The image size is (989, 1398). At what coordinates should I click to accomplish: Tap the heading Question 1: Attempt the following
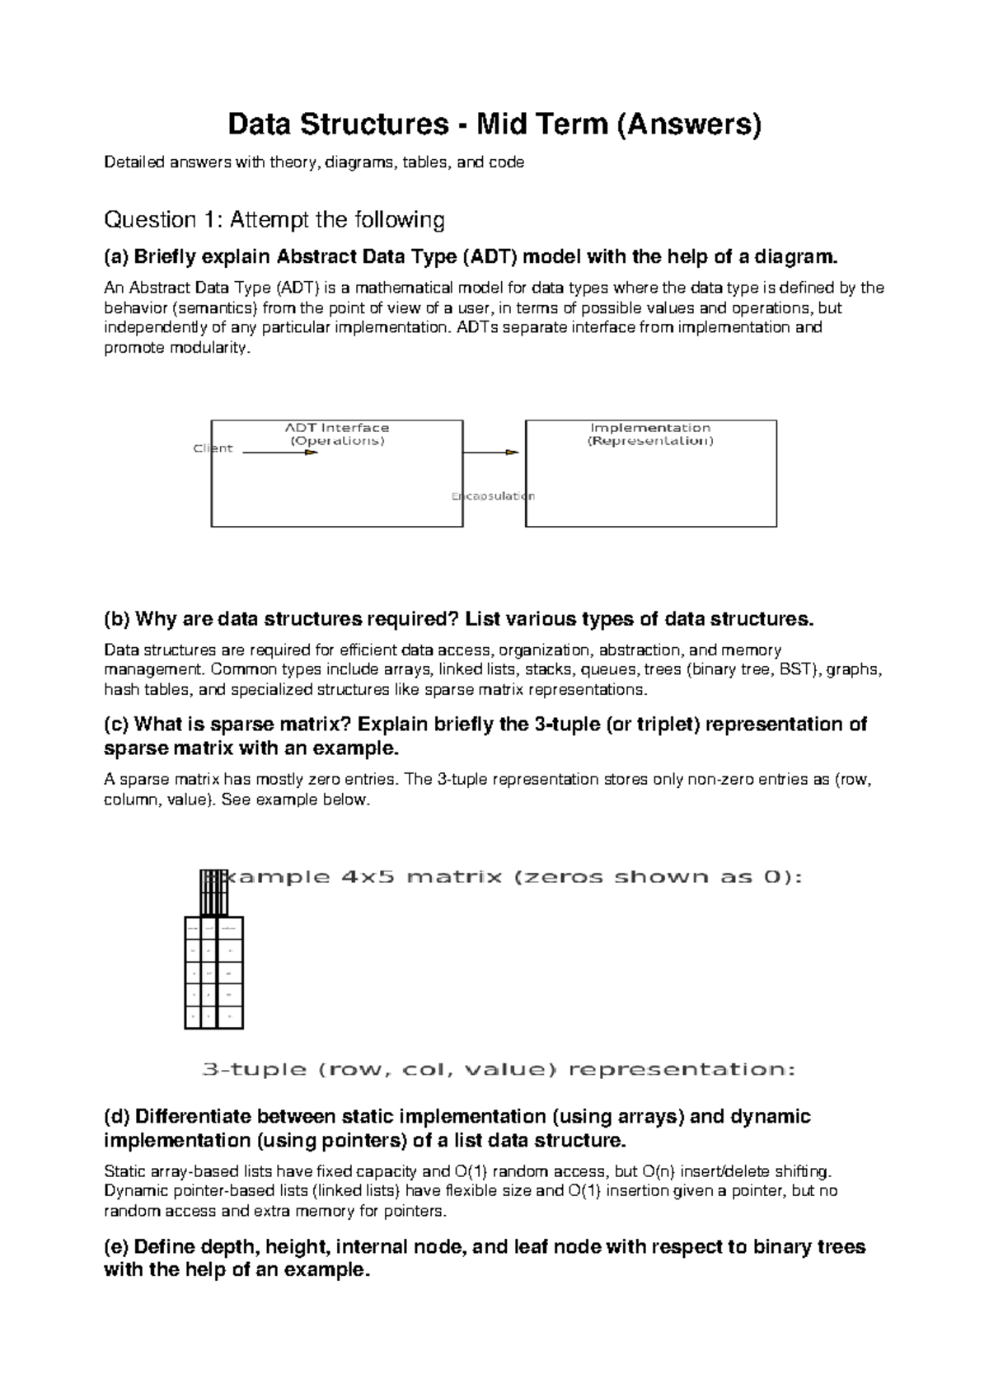coord(274,220)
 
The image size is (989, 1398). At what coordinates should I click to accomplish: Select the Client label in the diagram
coord(213,448)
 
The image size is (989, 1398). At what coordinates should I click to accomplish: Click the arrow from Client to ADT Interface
coord(280,453)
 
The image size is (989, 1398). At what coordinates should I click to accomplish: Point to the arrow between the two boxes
coord(492,453)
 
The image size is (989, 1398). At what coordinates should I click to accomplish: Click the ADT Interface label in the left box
coord(336,428)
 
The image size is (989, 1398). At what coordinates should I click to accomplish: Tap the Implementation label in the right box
coord(650,428)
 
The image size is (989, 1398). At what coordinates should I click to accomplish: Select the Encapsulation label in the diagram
coord(493,496)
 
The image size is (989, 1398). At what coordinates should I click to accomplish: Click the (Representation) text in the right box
coord(650,441)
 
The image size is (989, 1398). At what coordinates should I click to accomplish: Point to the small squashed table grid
coord(213,973)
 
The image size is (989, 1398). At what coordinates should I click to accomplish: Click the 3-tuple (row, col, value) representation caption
coord(499,1070)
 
